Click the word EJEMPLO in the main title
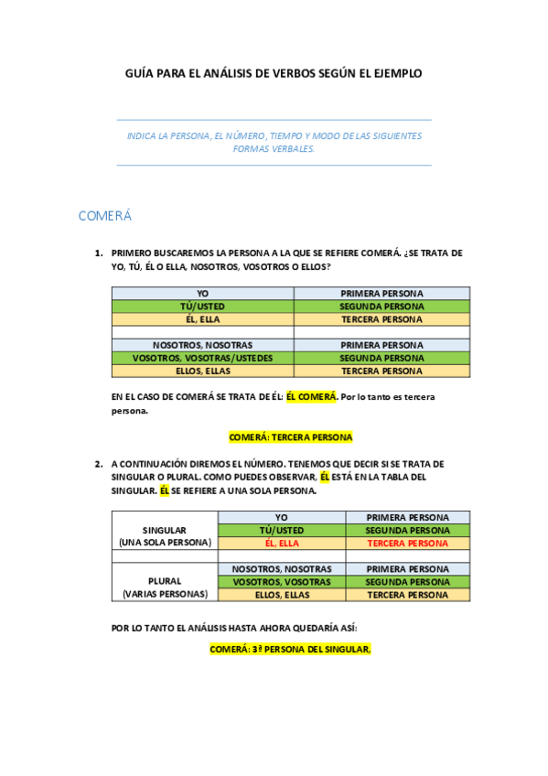396,72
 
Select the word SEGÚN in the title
345,72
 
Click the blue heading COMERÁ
105,216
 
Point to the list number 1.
98,253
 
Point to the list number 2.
98,463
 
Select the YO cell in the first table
202,293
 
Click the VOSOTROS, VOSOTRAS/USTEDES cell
202,358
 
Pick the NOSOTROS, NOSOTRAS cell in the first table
202,345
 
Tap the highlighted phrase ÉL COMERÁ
312,397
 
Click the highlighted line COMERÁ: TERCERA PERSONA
290,437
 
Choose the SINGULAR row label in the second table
165,530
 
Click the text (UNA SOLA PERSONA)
165,543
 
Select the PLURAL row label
165,581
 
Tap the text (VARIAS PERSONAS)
165,594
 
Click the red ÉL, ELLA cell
282,543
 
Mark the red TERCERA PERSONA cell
407,543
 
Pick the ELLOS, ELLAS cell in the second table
282,595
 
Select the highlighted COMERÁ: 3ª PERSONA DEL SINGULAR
290,649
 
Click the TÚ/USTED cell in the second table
282,530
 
